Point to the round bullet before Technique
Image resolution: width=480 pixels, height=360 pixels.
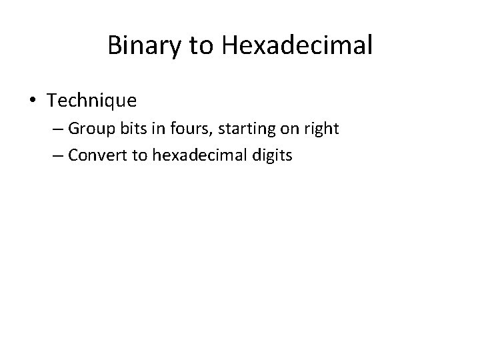33,101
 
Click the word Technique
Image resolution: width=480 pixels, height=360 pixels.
92,101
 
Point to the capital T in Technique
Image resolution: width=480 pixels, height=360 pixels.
52,101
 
